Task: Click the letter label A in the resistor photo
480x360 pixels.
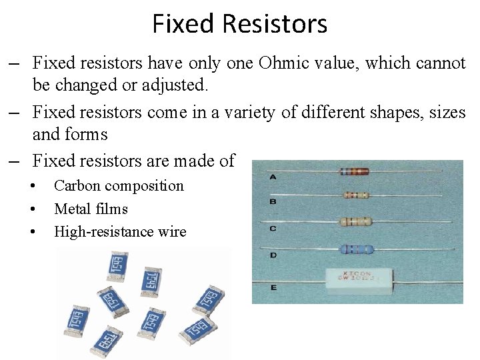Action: (x=273, y=177)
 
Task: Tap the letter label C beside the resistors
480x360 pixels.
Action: (x=273, y=229)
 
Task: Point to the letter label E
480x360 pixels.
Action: (x=273, y=287)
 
